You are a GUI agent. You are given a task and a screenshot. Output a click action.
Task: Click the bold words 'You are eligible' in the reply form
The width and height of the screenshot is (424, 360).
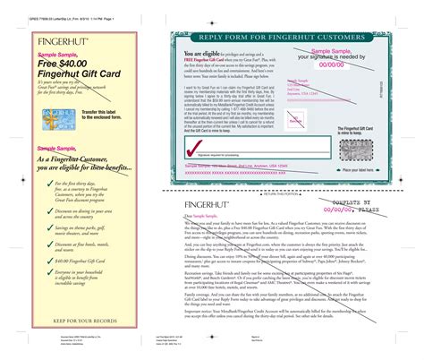[x=198, y=54]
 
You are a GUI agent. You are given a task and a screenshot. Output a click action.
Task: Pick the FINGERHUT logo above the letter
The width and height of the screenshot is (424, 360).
[x=208, y=204]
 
